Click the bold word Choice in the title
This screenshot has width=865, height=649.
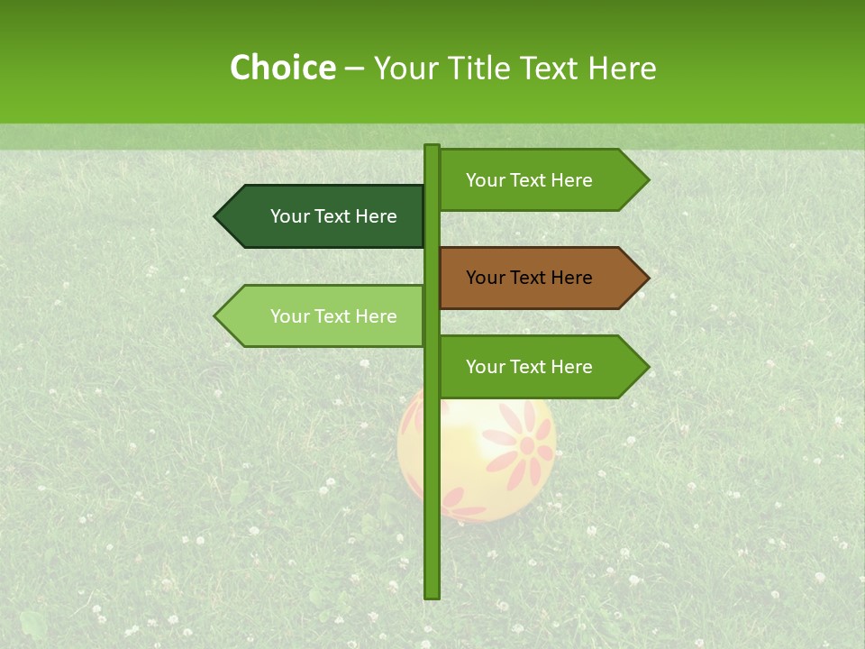[x=282, y=68]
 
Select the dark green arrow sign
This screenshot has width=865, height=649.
[x=324, y=216]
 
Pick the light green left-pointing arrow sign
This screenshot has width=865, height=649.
[x=324, y=315]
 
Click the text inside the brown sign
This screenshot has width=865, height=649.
[x=529, y=278]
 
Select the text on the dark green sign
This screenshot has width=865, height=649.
[x=333, y=216]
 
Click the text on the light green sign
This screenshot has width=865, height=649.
[x=333, y=316]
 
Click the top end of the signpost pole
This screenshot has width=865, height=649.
[x=432, y=147]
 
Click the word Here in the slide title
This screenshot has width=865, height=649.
[x=622, y=68]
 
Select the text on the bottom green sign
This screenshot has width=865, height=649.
[x=529, y=367]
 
